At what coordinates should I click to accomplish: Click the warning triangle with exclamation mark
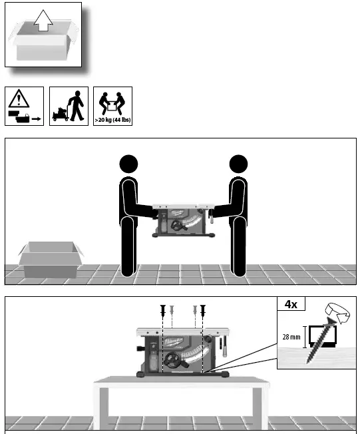click(x=19, y=100)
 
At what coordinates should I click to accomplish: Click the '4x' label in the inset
click(x=291, y=304)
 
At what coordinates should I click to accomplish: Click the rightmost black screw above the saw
click(x=203, y=310)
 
